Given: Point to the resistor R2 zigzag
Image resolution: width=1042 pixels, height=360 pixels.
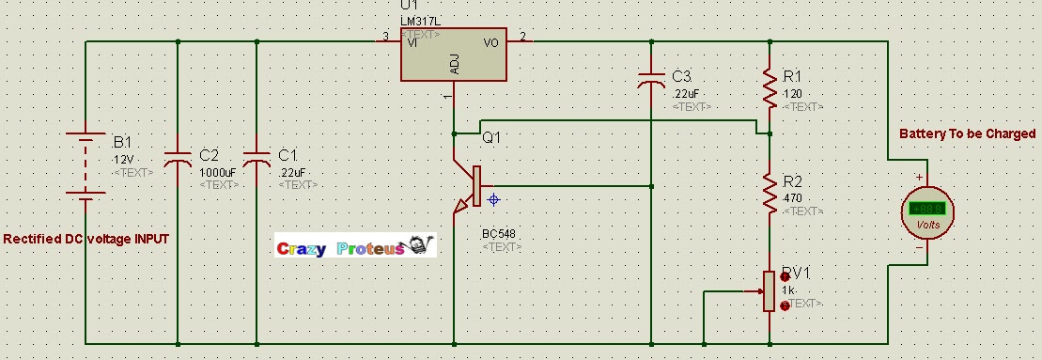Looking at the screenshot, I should [770, 193].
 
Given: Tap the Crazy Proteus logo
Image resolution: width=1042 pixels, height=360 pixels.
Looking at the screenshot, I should [355, 247].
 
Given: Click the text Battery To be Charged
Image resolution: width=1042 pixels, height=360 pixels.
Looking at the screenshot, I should [967, 134].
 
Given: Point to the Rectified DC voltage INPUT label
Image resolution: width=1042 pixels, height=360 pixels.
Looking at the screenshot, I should [86, 240].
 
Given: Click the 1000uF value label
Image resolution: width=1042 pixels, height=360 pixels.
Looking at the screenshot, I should [218, 172].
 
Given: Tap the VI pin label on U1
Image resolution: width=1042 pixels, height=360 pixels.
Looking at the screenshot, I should [412, 43].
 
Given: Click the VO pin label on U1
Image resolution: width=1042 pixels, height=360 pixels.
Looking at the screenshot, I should [490, 43].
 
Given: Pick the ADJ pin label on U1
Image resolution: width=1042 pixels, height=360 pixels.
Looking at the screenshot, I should [455, 64].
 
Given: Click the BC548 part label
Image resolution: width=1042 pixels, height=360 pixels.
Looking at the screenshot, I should [499, 234].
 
